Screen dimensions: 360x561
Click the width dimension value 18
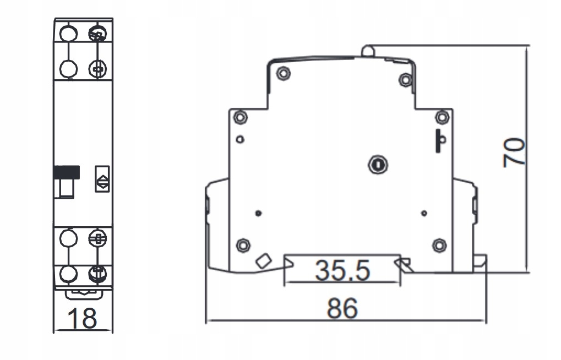tap(82, 318)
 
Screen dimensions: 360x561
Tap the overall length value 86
tap(342, 308)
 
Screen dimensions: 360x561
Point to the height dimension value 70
tap(514, 152)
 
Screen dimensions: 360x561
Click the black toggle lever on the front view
tap(67, 173)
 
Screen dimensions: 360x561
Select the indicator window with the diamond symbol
tap(102, 179)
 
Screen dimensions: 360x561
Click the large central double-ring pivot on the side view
tap(378, 164)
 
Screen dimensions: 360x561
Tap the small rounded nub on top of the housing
tap(368, 51)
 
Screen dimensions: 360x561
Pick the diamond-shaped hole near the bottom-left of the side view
tap(263, 260)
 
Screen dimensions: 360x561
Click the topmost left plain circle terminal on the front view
tap(68, 33)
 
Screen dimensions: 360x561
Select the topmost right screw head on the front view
tap(98, 33)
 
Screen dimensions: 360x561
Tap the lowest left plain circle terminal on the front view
tap(68, 274)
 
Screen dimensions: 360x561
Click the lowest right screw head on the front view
tap(98, 273)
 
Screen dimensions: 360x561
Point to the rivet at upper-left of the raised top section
tap(283, 73)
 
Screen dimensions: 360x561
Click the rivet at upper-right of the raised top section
tap(405, 80)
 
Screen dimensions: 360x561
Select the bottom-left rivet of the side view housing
tap(243, 244)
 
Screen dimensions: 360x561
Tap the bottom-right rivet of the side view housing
tap(439, 244)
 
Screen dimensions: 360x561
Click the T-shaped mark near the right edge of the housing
tap(440, 141)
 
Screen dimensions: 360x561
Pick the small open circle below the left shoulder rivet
tap(240, 139)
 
